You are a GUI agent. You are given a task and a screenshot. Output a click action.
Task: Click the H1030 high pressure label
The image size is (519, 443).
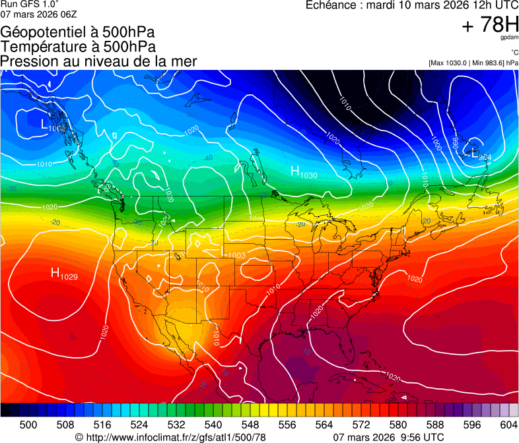coord(304,172)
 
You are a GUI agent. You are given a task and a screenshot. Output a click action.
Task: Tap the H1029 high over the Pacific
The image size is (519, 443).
coord(64,274)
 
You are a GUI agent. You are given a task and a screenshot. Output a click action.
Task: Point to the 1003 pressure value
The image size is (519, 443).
coord(236,256)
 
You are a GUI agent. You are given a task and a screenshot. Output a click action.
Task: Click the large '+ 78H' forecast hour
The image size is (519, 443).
coord(490,26)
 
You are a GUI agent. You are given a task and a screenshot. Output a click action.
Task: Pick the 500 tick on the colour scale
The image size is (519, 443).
coord(28,424)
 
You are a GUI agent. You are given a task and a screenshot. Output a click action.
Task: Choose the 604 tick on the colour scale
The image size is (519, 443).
coord(508,424)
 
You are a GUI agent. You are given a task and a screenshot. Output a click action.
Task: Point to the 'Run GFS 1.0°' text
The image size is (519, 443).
coord(30,4)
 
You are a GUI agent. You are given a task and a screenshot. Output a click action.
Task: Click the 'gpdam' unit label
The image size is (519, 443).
coord(509,39)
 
